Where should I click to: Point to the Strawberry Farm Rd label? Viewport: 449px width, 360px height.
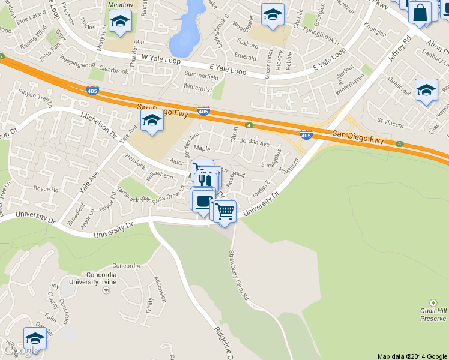click(x=238, y=275)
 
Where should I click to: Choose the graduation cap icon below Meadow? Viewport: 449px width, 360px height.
click(x=121, y=22)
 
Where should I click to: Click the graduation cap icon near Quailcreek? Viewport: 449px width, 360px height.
click(x=426, y=90)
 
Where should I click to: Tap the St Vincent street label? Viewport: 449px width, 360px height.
click(x=391, y=124)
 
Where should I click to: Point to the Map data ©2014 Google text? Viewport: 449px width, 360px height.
click(x=411, y=356)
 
